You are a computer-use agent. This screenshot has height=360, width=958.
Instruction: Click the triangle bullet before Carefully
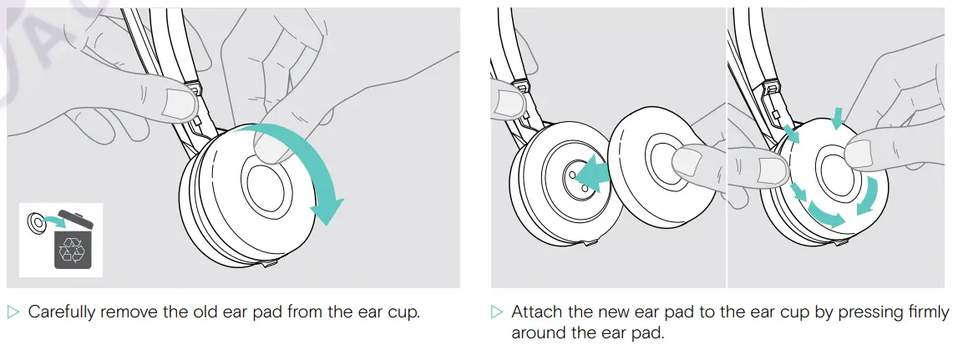click(x=13, y=313)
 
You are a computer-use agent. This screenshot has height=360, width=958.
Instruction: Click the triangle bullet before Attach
click(x=497, y=313)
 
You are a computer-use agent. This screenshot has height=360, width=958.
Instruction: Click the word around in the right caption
click(x=535, y=333)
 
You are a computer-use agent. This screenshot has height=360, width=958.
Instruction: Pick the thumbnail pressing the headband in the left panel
click(x=176, y=104)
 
